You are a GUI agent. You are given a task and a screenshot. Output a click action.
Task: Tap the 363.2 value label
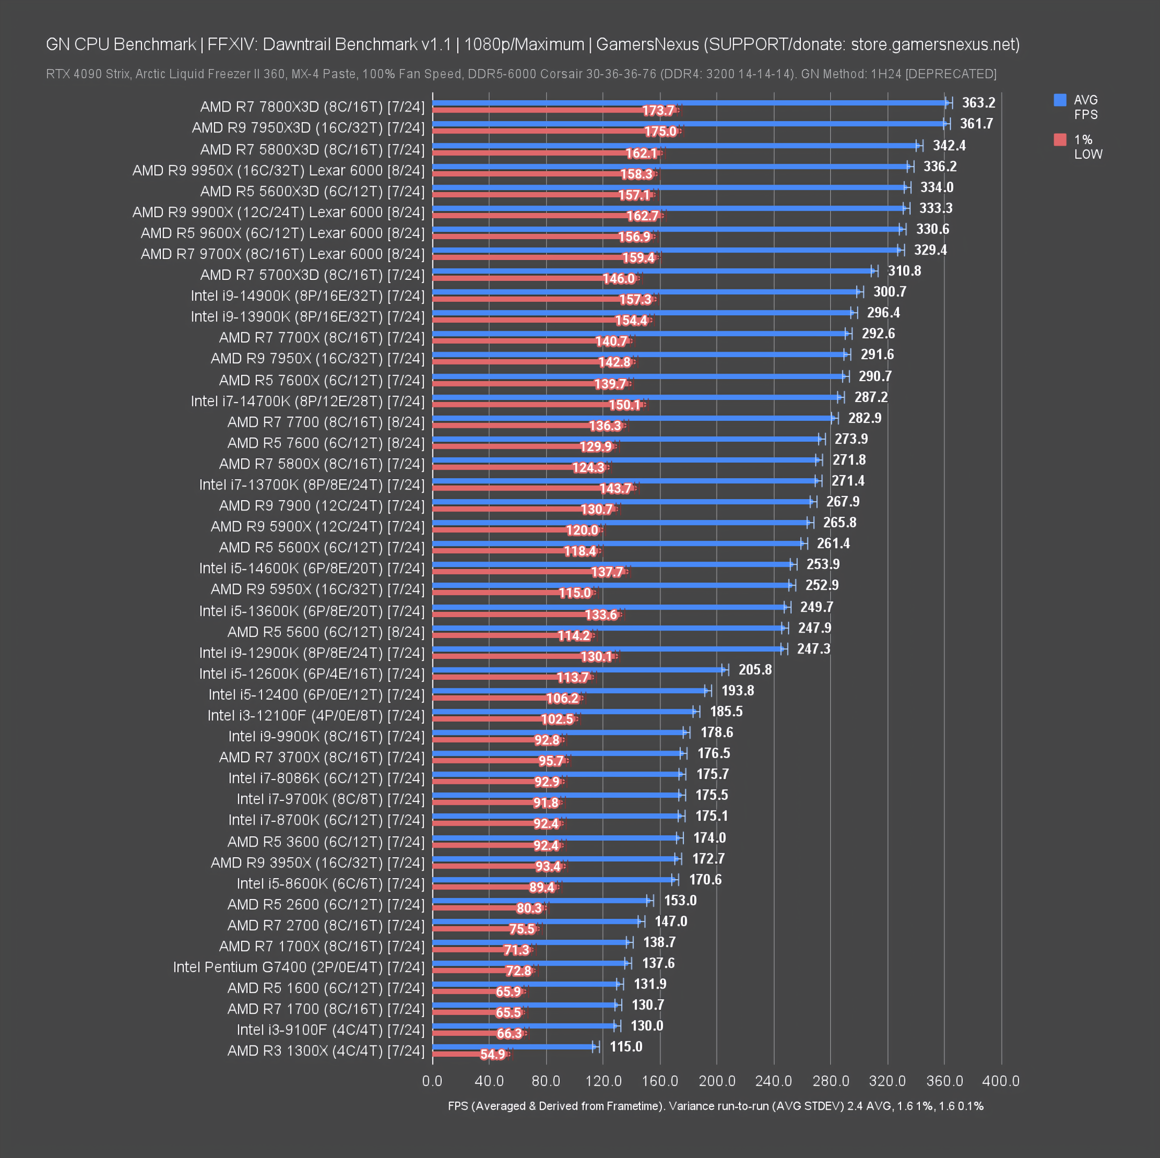tap(979, 103)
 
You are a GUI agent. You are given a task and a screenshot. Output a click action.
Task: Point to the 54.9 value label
tap(492, 1054)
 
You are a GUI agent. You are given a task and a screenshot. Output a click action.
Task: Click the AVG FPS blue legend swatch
tap(1060, 100)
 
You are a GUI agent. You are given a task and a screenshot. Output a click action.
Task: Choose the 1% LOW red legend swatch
tap(1060, 140)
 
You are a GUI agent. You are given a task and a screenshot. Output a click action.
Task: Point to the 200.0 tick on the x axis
tap(717, 1081)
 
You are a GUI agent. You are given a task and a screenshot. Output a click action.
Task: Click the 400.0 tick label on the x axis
tap(1001, 1081)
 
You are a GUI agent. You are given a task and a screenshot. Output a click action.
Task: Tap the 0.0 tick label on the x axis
tap(432, 1081)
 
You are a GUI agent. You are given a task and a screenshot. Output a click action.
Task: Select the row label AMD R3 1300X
tap(325, 1050)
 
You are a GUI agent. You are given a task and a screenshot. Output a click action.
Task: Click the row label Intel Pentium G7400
tap(299, 967)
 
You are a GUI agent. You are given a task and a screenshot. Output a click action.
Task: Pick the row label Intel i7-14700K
tap(307, 401)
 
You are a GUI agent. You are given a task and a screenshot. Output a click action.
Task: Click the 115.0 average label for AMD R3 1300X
tap(626, 1046)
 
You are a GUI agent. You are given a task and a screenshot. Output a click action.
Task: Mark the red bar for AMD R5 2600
tap(474, 908)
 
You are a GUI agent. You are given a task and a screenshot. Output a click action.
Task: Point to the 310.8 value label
tap(904, 271)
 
